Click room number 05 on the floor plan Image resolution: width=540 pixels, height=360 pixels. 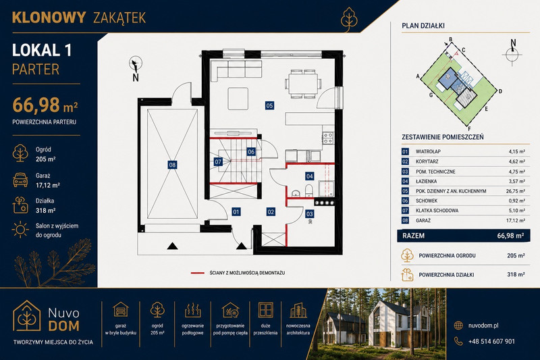pos(269,105)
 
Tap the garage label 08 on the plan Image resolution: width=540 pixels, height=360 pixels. pos(172,165)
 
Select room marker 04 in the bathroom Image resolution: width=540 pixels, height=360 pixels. pos(310,176)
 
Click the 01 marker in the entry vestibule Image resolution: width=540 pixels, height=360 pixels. pos(236,211)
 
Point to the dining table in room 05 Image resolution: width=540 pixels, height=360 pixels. pos(303,84)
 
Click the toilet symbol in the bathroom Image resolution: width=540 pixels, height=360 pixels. pos(309,190)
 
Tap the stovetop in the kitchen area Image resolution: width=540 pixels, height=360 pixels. pos(328,138)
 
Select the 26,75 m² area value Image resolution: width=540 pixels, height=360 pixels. pos(516,191)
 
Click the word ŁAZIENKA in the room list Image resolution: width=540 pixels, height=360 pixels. pos(427,181)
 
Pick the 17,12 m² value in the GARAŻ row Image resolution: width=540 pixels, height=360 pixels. pos(516,220)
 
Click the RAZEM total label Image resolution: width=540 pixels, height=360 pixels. pos(413,236)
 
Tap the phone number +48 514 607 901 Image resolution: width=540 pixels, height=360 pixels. pos(491,341)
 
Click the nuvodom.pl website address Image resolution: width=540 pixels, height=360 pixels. pos(483,326)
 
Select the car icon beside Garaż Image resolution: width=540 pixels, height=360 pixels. pos(20,180)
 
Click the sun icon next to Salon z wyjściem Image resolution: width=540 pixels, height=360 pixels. pos(20,230)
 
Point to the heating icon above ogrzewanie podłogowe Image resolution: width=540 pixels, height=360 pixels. pos(193,310)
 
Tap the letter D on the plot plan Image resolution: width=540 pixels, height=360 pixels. pos(500,91)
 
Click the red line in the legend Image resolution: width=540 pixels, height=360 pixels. pos(197,273)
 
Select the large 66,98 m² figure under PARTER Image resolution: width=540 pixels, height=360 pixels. pos(45,105)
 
